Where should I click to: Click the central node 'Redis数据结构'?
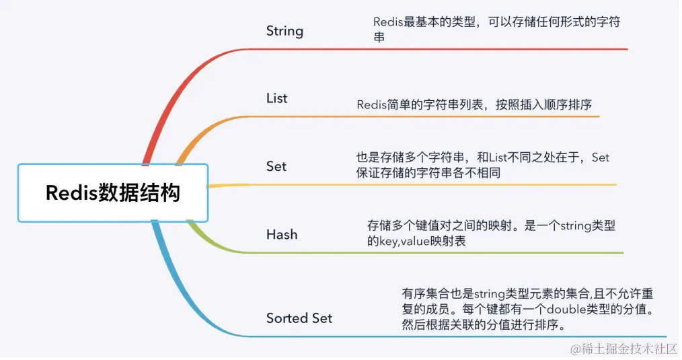(113, 193)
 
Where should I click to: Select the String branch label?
(285, 31)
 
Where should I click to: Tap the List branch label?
(276, 98)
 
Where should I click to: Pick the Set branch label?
(276, 166)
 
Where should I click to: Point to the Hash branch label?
(281, 235)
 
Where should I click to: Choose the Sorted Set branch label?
(299, 318)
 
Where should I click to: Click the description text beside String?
(496, 30)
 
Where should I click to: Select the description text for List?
(473, 105)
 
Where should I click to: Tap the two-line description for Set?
(482, 165)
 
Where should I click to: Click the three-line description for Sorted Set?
(529, 310)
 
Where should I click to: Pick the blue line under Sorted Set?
(471, 336)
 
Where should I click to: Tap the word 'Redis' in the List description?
(371, 105)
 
